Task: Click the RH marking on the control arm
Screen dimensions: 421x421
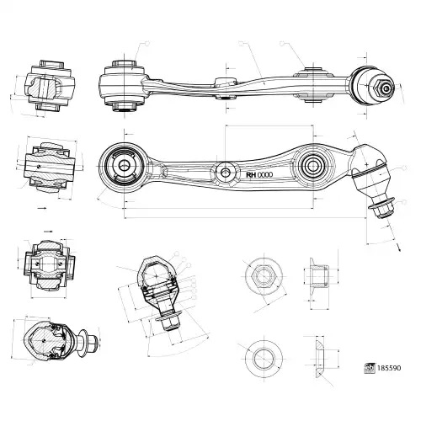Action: [251, 174]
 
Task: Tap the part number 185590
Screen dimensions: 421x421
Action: [389, 368]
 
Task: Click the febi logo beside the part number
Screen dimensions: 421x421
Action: [370, 368]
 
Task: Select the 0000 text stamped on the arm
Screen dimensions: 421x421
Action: [265, 174]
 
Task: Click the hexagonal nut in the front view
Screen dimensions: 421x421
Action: [264, 275]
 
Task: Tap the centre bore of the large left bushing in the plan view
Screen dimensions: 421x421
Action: [124, 165]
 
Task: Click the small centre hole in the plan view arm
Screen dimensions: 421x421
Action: [225, 173]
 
